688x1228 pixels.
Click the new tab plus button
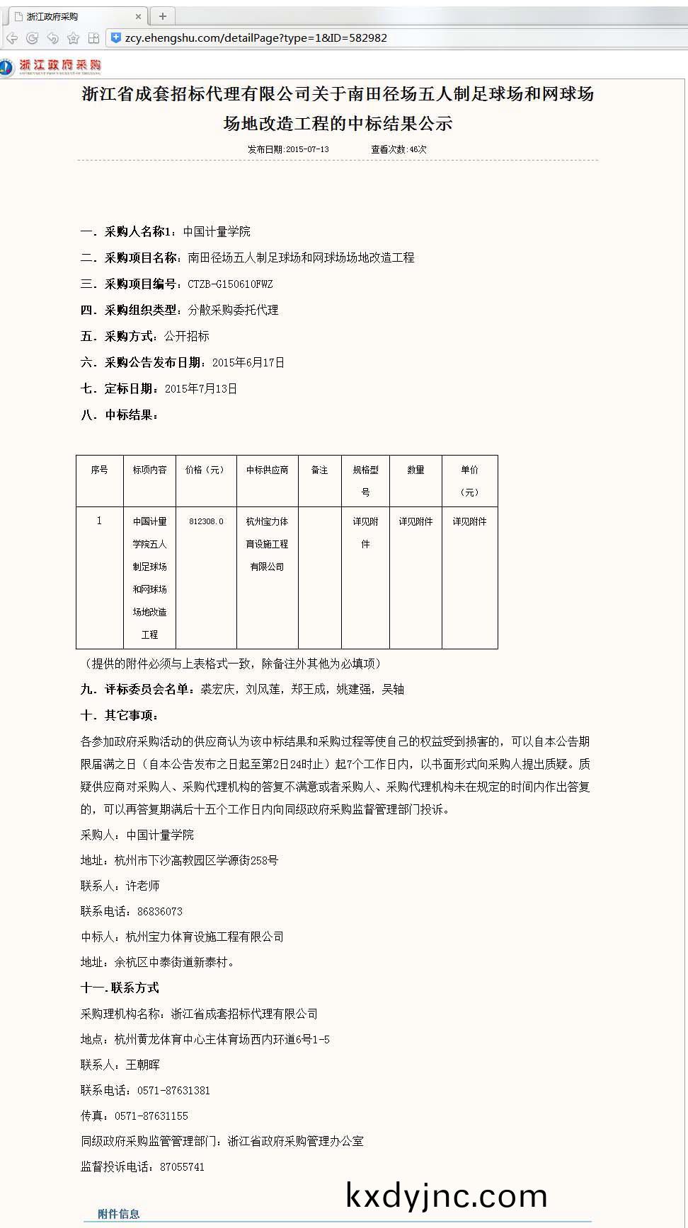pos(163,16)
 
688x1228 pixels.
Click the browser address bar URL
pos(256,38)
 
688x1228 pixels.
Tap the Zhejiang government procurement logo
pos(51,66)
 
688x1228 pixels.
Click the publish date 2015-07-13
pos(307,149)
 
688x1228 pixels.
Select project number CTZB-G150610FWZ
pos(230,284)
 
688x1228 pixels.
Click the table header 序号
pos(99,470)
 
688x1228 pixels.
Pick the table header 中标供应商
pos(267,470)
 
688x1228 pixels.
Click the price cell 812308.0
pos(206,522)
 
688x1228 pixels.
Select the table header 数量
pos(415,470)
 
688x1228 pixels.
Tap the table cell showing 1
pos(99,521)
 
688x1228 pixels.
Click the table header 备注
pos(320,470)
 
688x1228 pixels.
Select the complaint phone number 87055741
pos(182,1167)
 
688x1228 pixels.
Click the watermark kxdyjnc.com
pos(447,1195)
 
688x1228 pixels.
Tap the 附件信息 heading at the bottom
pos(119,1214)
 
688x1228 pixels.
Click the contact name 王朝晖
pos(143,1065)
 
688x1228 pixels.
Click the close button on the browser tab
pos(138,16)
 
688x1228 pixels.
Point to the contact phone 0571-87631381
pos(173,1091)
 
